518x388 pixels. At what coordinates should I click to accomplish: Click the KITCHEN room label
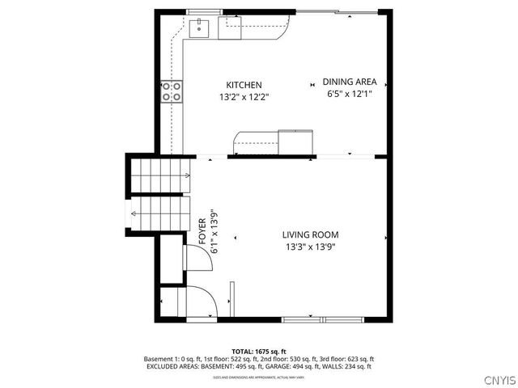[244, 85]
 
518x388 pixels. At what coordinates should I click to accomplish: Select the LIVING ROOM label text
[310, 234]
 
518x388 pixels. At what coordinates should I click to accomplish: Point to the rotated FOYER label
[203, 231]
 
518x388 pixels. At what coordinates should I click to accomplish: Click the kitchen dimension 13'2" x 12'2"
[244, 97]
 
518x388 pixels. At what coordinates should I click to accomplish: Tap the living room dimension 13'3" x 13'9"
[310, 247]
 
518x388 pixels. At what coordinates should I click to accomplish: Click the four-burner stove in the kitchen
[171, 91]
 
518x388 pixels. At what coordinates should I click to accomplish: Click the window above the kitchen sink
[204, 12]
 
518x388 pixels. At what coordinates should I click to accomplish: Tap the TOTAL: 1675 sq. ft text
[259, 351]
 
